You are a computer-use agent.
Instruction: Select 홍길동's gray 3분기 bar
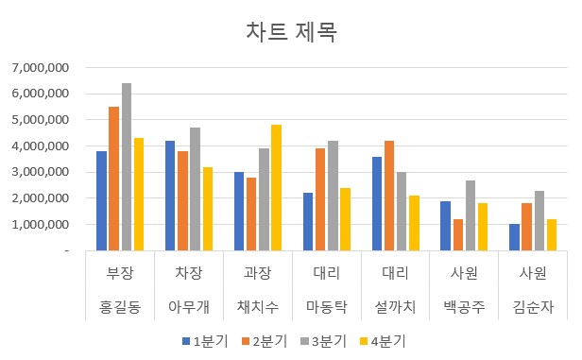tap(127, 167)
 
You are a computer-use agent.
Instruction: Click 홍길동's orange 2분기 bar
tap(114, 179)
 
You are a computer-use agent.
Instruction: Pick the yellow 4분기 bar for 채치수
tap(276, 188)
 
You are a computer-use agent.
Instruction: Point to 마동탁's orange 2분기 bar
tap(320, 199)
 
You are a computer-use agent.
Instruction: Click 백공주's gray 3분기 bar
tap(470, 215)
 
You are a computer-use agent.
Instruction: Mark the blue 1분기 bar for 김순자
tap(514, 237)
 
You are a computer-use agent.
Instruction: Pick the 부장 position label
tap(120, 274)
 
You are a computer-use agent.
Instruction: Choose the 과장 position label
tap(258, 274)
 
